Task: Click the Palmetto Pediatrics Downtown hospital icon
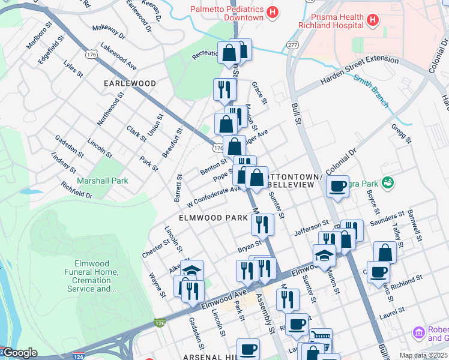click(273, 12)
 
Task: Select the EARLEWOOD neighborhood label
click(130, 83)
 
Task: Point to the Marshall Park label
click(102, 180)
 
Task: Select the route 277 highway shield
click(292, 45)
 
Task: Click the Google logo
click(19, 353)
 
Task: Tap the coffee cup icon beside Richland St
click(378, 272)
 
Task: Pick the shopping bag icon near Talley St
click(385, 252)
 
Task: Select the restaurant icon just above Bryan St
click(262, 224)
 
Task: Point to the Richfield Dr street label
click(76, 191)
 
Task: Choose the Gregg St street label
click(401, 134)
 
